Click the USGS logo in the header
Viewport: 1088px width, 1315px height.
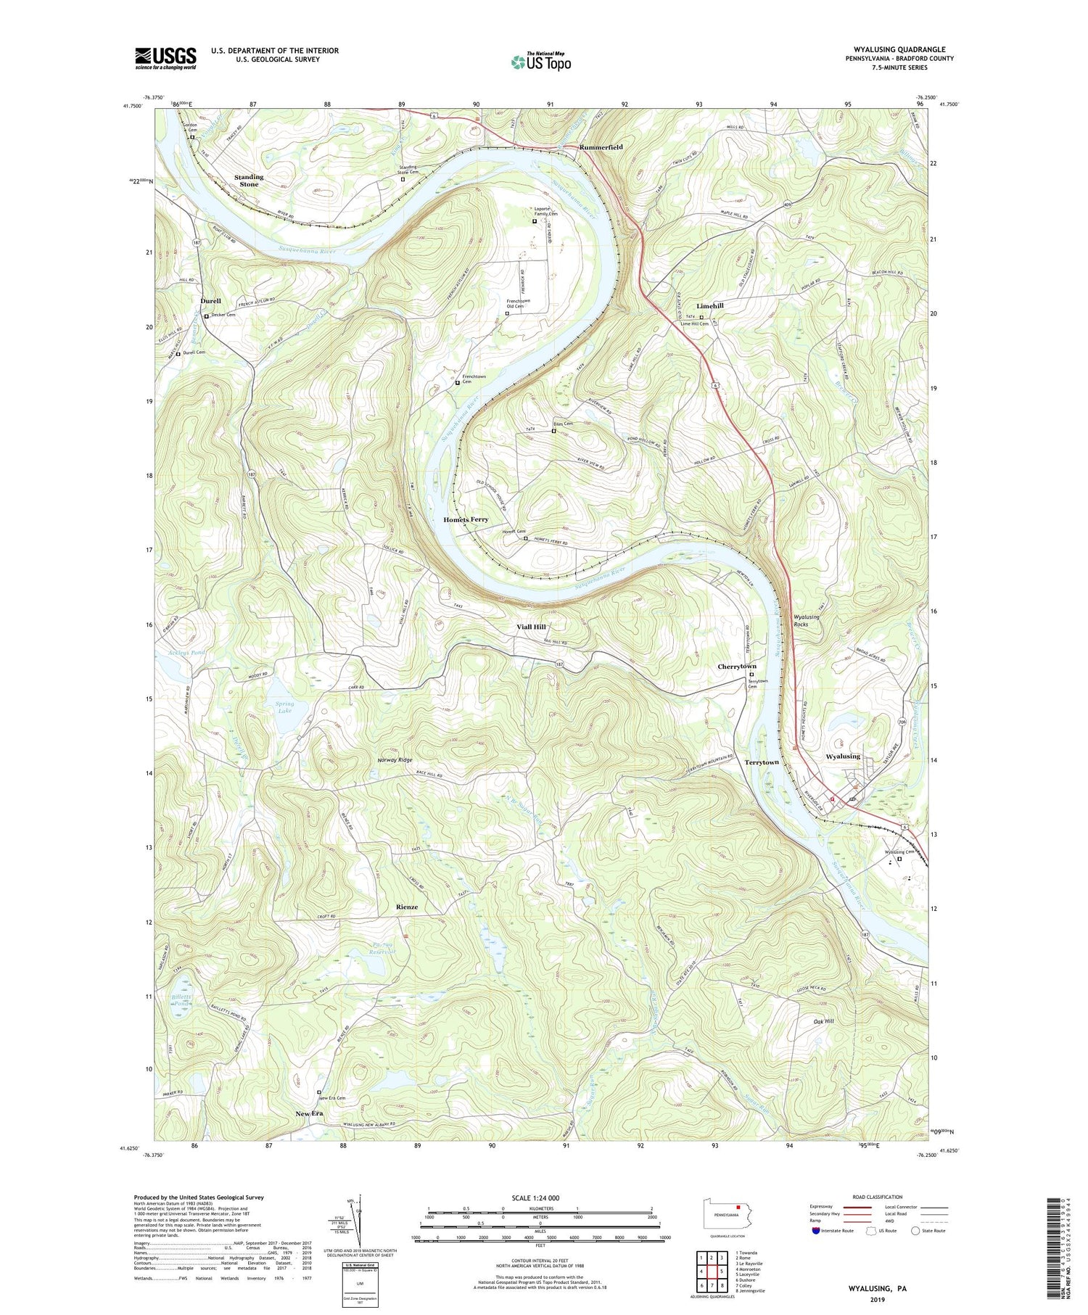coord(165,58)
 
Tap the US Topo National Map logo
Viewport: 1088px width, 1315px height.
coord(541,62)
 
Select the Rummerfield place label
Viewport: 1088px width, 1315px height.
coord(601,147)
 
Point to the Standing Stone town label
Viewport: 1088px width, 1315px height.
coord(249,181)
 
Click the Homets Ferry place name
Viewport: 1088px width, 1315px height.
coord(466,519)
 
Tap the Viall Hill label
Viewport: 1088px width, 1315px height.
coord(532,627)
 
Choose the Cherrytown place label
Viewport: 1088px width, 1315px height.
coord(737,667)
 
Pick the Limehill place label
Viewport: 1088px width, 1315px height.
coord(710,306)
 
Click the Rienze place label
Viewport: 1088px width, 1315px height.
coord(407,907)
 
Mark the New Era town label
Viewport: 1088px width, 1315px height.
coord(309,1113)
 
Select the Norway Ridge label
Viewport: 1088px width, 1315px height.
coord(395,759)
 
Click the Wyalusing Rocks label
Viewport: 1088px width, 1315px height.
coord(807,620)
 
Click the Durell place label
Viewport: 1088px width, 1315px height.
coord(210,300)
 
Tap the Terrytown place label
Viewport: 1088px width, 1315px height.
coord(762,762)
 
